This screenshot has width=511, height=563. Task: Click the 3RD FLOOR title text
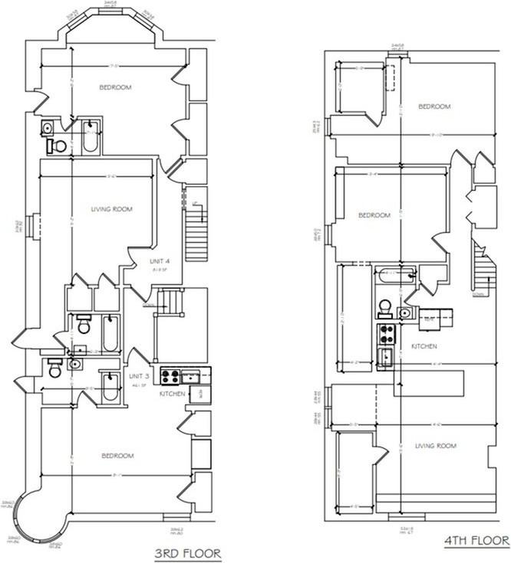click(x=189, y=553)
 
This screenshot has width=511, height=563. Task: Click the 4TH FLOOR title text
click(x=476, y=541)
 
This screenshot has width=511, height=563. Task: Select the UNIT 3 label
click(x=139, y=376)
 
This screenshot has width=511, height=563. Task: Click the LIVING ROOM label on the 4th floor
click(x=435, y=446)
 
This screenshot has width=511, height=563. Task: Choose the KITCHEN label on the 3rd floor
click(x=172, y=393)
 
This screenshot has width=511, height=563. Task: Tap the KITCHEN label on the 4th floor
click(x=424, y=346)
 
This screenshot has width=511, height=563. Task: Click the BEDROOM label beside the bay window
click(x=115, y=87)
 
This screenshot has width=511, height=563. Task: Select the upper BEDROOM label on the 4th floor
click(x=434, y=106)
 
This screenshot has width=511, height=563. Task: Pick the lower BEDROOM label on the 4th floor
click(x=375, y=215)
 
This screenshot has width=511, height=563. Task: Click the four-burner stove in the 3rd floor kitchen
click(x=170, y=376)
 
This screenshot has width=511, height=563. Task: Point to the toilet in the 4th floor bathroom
click(x=384, y=308)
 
